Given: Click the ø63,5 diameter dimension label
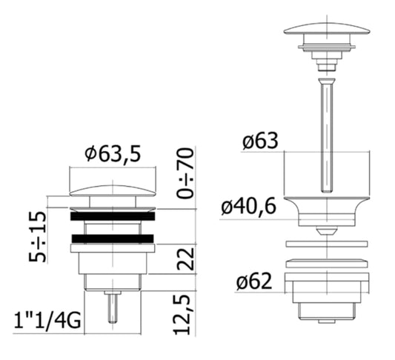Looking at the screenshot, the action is tap(113, 154).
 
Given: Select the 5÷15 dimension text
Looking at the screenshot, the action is tap(38, 237).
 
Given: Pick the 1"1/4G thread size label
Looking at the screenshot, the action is tap(47, 321).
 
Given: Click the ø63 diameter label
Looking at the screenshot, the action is tap(260, 141).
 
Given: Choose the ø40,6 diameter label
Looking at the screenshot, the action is tap(249, 207).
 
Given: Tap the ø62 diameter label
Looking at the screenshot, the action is tap(254, 281).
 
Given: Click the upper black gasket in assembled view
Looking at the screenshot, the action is tap(113, 216).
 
